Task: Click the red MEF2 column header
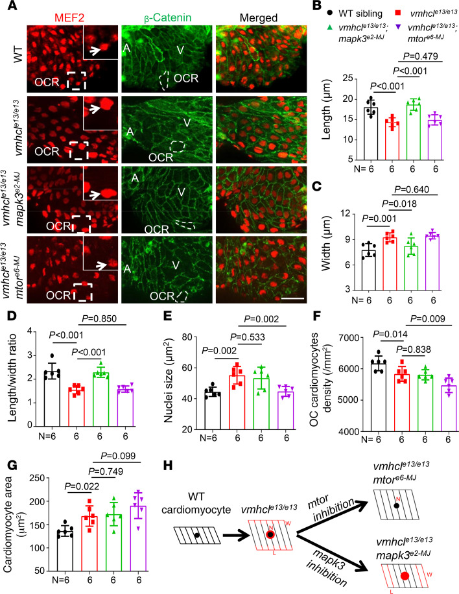(69, 18)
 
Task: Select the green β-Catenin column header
(168, 18)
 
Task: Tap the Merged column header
(259, 18)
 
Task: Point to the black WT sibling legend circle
(330, 13)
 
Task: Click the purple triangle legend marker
(399, 27)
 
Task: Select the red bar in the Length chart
(392, 140)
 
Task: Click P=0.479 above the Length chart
(420, 56)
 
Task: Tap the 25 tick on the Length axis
(347, 79)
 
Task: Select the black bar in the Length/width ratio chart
(52, 399)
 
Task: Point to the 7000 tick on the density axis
(347, 338)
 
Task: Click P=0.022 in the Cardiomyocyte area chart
(82, 486)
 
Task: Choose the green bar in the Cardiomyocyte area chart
(113, 543)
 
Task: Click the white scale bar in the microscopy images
(293, 298)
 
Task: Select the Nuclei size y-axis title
(169, 383)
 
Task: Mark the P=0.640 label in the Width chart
(412, 189)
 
